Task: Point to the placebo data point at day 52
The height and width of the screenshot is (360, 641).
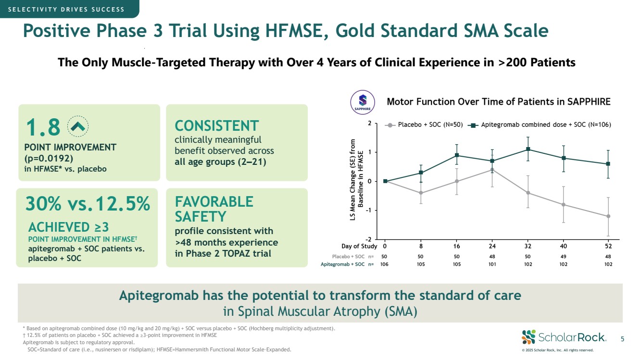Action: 608,216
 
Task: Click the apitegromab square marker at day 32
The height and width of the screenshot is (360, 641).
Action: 528,149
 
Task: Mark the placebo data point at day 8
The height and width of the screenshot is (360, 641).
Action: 421,193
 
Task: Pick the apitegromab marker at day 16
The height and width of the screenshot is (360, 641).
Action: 457,155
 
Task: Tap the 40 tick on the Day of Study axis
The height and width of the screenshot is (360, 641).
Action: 563,246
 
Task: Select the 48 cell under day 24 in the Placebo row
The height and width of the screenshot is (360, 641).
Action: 492,256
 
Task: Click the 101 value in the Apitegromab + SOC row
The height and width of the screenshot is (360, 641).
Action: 492,264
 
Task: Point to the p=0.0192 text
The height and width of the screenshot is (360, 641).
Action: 53,158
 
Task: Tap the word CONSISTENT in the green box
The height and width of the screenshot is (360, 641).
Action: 216,126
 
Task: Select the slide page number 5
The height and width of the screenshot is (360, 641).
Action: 622,339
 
